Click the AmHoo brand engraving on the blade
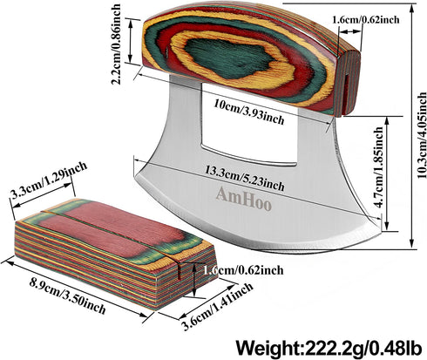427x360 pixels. pos(243,199)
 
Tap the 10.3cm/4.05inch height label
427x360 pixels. pos(422,135)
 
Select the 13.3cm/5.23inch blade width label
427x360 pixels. pos(244,179)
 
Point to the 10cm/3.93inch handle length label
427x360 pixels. pos(249,112)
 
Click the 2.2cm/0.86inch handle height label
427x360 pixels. pos(116,44)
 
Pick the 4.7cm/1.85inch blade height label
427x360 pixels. pos(378,167)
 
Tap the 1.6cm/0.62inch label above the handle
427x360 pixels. pos(366,20)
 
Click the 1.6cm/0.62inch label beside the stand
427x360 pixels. pos(243,270)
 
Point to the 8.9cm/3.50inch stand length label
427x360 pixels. pos(67,295)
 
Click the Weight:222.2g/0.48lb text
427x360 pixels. pos(329,347)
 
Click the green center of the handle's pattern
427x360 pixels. pos(229,58)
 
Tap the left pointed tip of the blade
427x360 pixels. pos(137,177)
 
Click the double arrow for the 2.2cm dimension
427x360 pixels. pos(131,40)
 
